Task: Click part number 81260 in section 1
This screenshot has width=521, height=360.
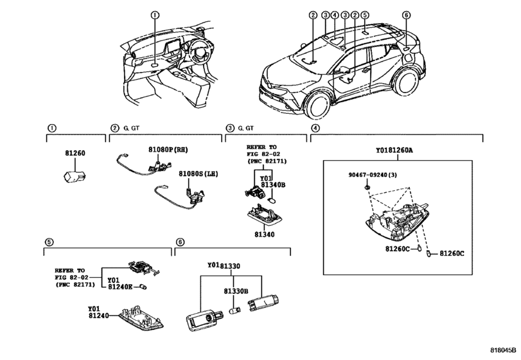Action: (75, 153)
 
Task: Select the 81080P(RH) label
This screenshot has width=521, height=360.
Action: (168, 150)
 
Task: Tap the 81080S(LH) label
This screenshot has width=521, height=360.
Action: (199, 174)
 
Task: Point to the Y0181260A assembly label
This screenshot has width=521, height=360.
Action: (394, 150)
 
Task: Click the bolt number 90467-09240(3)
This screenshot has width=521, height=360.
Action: (373, 175)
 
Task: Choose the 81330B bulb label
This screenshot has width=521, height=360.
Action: (236, 291)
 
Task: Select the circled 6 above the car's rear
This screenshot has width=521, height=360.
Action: (406, 15)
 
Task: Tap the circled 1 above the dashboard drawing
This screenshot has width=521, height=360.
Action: (155, 15)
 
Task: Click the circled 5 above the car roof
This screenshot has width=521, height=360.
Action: (364, 15)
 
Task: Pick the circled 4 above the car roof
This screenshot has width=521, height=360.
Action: (334, 15)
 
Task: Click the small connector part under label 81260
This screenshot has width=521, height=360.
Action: (75, 176)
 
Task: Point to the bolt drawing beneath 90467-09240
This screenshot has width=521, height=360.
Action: (367, 188)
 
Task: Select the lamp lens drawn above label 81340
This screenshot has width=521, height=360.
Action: (265, 215)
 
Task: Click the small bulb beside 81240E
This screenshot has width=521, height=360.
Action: (143, 287)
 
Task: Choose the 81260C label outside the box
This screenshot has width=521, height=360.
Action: (452, 253)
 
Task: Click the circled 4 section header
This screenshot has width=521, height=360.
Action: (315, 128)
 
